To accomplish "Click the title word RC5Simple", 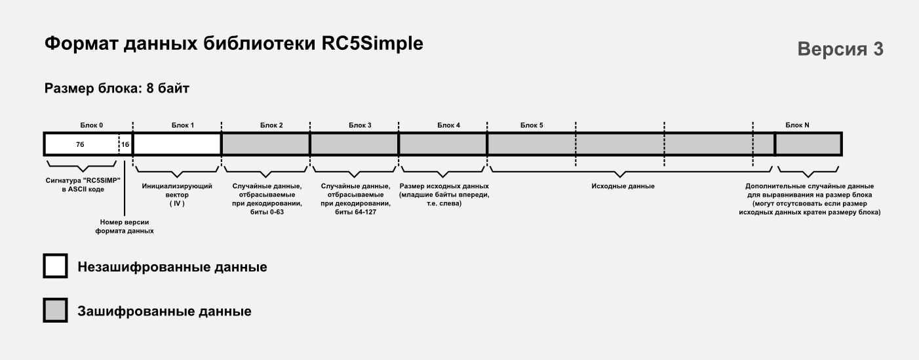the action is (372, 44).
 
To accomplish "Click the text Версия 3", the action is (840, 49).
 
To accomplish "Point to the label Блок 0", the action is (92, 125).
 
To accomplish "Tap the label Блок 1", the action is (183, 125).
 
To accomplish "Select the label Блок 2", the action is (271, 125).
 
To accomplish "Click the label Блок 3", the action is (360, 125).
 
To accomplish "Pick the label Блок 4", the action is (448, 125).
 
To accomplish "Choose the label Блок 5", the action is (532, 125).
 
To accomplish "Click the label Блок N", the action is (797, 125).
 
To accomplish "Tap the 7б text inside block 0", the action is (80, 144).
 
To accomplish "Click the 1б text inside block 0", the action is (125, 144).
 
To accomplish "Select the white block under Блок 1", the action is (177, 144).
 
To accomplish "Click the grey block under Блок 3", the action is (355, 144).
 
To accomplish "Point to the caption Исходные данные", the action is (623, 186).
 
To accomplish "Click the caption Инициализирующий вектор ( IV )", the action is (177, 195).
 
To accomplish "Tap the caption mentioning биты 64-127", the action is (356, 199).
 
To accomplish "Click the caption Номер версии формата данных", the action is (125, 227).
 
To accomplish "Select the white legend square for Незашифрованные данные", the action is (55, 266).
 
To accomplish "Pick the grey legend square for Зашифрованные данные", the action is (55, 310).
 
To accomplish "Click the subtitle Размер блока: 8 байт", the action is (117, 89).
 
